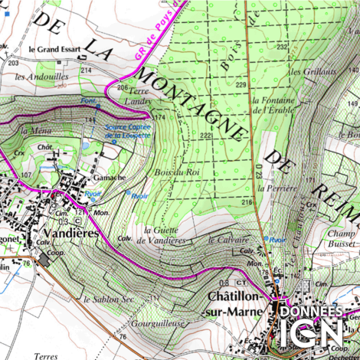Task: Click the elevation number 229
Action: pyautogui.click(x=241, y=84)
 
